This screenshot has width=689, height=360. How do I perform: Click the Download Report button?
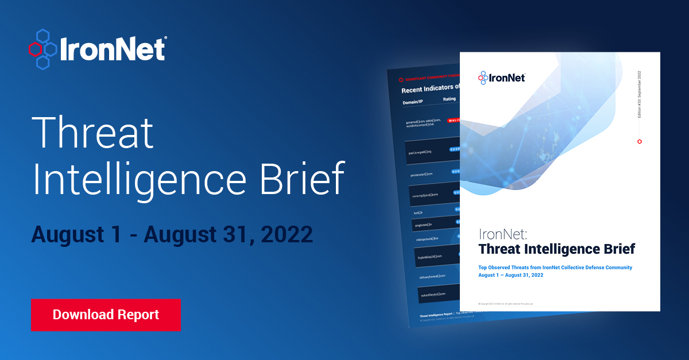click(x=106, y=315)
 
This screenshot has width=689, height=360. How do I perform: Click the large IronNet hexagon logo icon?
click(x=42, y=49)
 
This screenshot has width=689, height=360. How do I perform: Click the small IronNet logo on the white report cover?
click(x=501, y=78)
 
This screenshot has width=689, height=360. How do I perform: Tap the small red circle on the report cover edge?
click(x=640, y=141)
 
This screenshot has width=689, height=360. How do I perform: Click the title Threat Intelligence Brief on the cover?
click(x=556, y=249)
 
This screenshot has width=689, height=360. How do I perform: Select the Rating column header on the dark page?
click(x=449, y=99)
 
